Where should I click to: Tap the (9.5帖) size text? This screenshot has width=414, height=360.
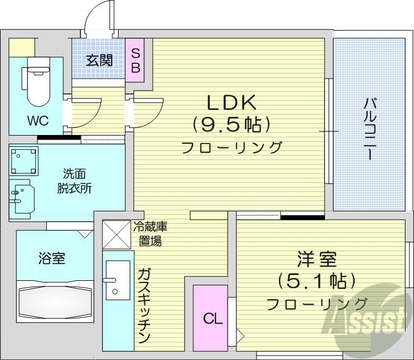click(231, 124)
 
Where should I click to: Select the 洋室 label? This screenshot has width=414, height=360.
click(316, 259)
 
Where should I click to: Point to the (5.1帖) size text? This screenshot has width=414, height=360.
click(316, 280)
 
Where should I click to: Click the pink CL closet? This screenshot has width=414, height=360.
click(211, 318)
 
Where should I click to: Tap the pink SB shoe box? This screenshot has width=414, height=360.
click(135, 60)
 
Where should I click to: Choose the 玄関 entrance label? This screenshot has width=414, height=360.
click(99, 60)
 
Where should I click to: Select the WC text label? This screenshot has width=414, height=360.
click(37, 120)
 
